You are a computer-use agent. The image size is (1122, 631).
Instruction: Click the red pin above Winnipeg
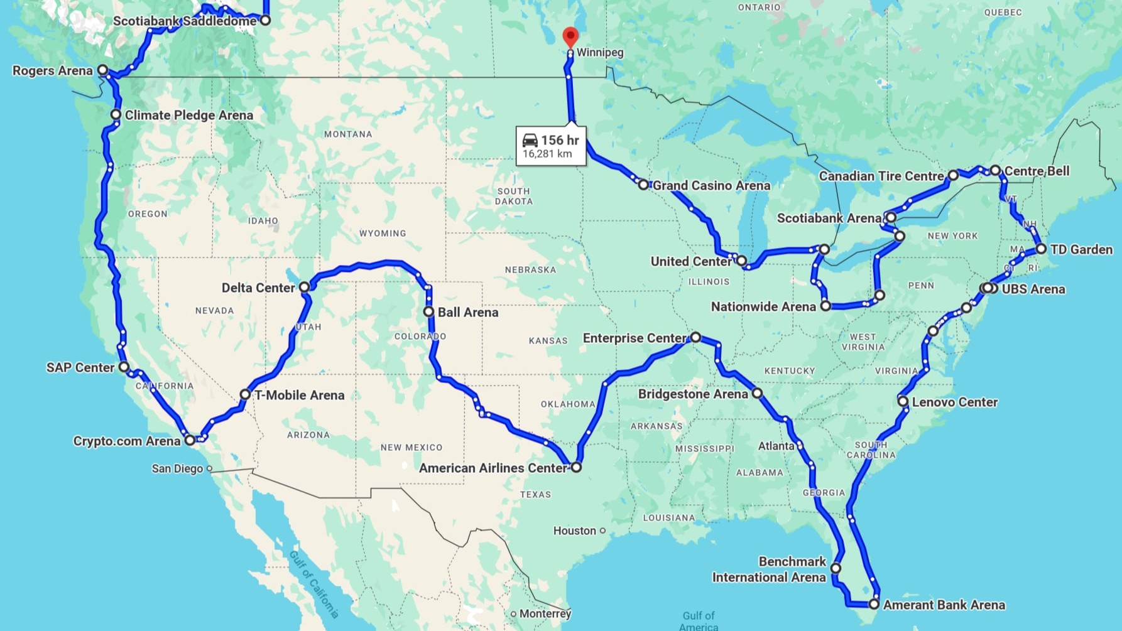(x=570, y=36)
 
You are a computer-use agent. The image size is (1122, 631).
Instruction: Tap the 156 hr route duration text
(x=560, y=140)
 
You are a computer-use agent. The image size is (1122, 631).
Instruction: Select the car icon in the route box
(x=530, y=140)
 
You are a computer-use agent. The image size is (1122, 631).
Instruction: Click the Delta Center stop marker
(x=305, y=287)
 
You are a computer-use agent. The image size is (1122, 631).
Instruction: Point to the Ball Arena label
(x=467, y=312)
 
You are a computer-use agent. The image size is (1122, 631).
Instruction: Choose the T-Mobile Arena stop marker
(x=245, y=394)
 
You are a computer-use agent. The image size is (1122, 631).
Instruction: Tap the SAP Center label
(x=80, y=367)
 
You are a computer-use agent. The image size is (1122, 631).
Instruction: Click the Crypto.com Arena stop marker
(x=190, y=440)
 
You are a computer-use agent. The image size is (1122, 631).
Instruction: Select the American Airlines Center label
(x=493, y=468)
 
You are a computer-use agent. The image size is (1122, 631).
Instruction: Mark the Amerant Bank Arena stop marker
(x=874, y=604)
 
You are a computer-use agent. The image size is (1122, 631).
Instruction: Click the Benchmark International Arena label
(x=769, y=569)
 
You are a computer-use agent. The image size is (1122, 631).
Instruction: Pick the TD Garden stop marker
(x=1041, y=249)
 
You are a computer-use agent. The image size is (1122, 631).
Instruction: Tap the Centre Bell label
(x=1037, y=171)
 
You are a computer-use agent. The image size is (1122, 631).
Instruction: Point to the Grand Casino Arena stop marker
(x=643, y=185)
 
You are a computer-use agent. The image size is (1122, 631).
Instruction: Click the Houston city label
(x=574, y=531)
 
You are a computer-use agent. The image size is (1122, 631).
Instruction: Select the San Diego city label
(x=177, y=468)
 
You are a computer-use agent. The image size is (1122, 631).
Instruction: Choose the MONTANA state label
(x=348, y=134)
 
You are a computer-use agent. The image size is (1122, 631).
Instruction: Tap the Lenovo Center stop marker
(x=903, y=401)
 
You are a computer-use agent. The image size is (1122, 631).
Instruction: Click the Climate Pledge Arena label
(x=189, y=115)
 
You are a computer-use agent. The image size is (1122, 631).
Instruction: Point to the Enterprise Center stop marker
(x=695, y=337)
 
